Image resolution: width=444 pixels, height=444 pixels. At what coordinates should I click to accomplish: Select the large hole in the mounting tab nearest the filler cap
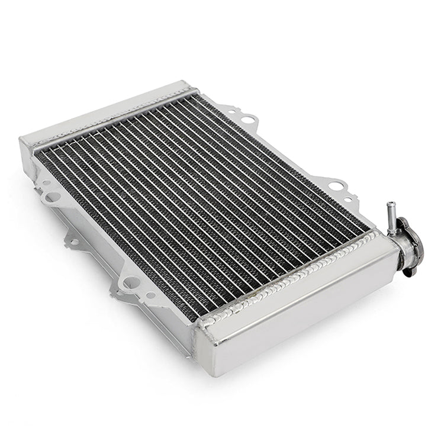tap(336, 186)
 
